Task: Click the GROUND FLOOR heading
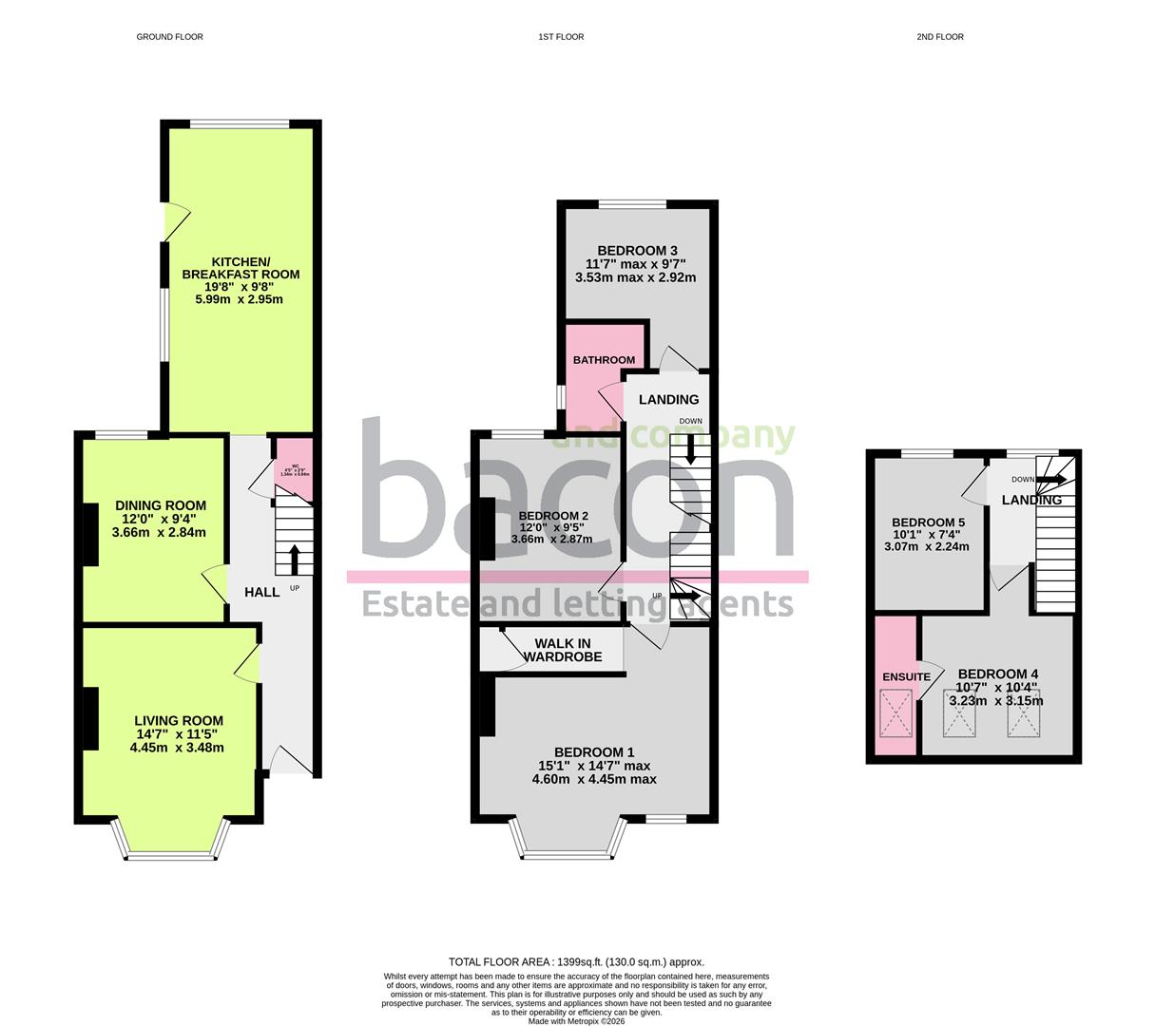click(x=169, y=37)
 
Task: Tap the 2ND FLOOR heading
click(x=939, y=37)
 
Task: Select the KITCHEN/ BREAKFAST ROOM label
click(x=241, y=268)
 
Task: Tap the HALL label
click(x=262, y=592)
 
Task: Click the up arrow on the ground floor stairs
click(x=294, y=559)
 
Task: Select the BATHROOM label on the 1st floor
click(x=604, y=360)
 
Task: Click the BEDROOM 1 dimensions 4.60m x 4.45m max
click(x=594, y=779)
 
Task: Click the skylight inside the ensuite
click(x=895, y=713)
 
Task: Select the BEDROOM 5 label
click(x=928, y=522)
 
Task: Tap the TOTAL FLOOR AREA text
click(x=576, y=961)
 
